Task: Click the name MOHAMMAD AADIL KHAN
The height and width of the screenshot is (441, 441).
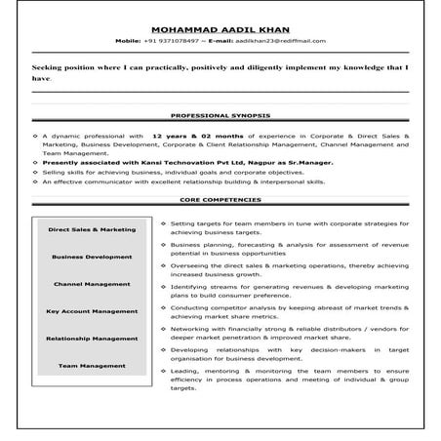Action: (220, 31)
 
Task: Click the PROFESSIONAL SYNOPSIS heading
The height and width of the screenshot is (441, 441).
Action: (220, 115)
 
